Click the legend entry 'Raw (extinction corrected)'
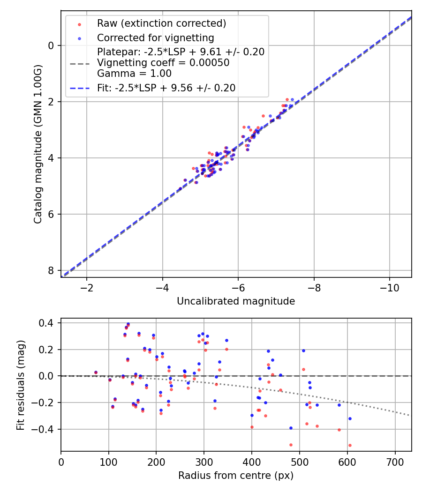(x=161, y=23)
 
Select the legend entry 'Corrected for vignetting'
(x=155, y=38)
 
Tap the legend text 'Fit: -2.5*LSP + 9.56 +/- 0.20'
(x=166, y=88)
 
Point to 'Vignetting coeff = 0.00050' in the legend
(x=163, y=63)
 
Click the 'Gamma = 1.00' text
(x=134, y=74)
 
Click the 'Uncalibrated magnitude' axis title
(x=236, y=301)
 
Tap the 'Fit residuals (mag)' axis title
(x=20, y=385)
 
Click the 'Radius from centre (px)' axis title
(x=236, y=476)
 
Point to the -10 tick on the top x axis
(x=389, y=287)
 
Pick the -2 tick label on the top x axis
(x=86, y=287)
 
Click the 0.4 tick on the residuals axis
(x=47, y=323)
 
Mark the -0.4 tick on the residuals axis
(x=45, y=429)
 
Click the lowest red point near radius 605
(x=350, y=445)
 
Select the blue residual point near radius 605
(x=350, y=418)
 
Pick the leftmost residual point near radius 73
(x=96, y=373)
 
